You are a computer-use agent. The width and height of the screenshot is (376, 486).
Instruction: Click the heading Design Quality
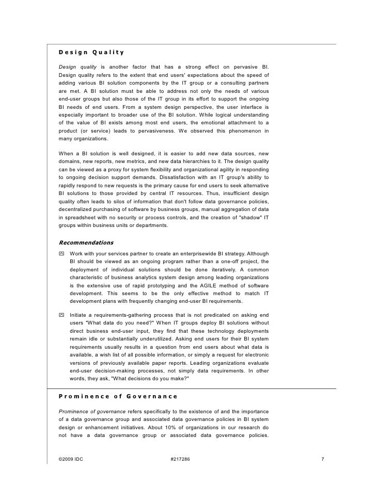[91, 52]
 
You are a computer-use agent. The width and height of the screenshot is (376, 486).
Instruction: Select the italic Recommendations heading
[86, 242]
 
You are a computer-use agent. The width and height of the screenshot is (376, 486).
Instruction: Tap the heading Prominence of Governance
[118, 396]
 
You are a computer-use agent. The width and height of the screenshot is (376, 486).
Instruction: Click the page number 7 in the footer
[322, 459]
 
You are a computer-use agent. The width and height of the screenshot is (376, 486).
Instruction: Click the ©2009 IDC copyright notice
[71, 459]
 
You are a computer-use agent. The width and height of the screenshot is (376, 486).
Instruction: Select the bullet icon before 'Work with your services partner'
[62, 254]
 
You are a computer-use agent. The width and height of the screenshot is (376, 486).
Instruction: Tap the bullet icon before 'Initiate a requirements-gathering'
[62, 315]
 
